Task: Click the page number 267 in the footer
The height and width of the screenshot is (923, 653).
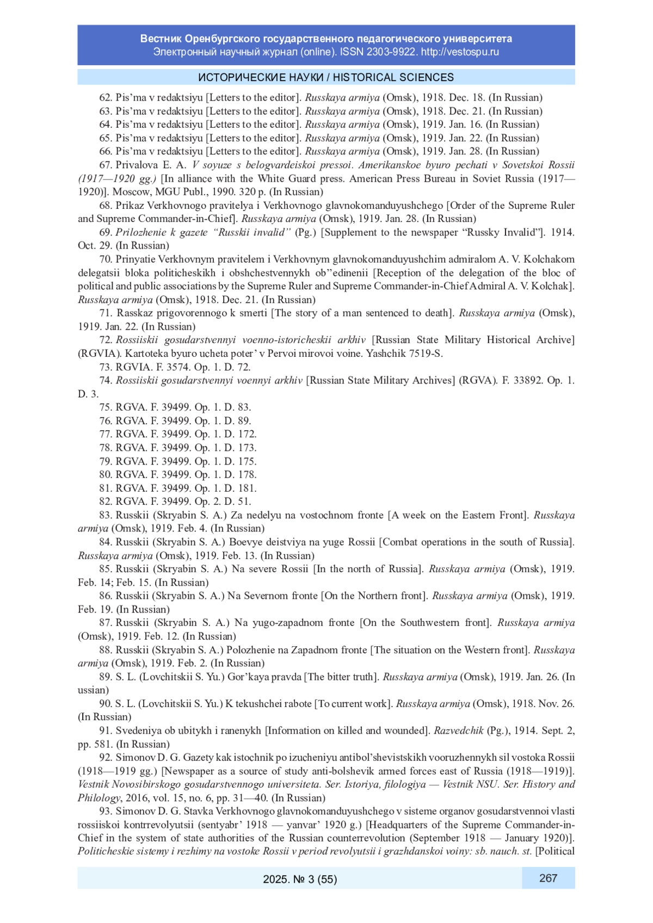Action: (x=548, y=878)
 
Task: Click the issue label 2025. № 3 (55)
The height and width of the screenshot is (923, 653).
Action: (x=300, y=879)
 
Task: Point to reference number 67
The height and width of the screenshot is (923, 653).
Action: (x=106, y=165)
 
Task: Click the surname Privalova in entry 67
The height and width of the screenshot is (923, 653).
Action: (x=138, y=165)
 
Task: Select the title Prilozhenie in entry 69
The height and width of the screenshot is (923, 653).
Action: (x=141, y=232)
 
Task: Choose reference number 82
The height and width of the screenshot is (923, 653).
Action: (x=106, y=501)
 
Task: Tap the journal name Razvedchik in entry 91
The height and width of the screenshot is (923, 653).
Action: (x=458, y=730)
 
